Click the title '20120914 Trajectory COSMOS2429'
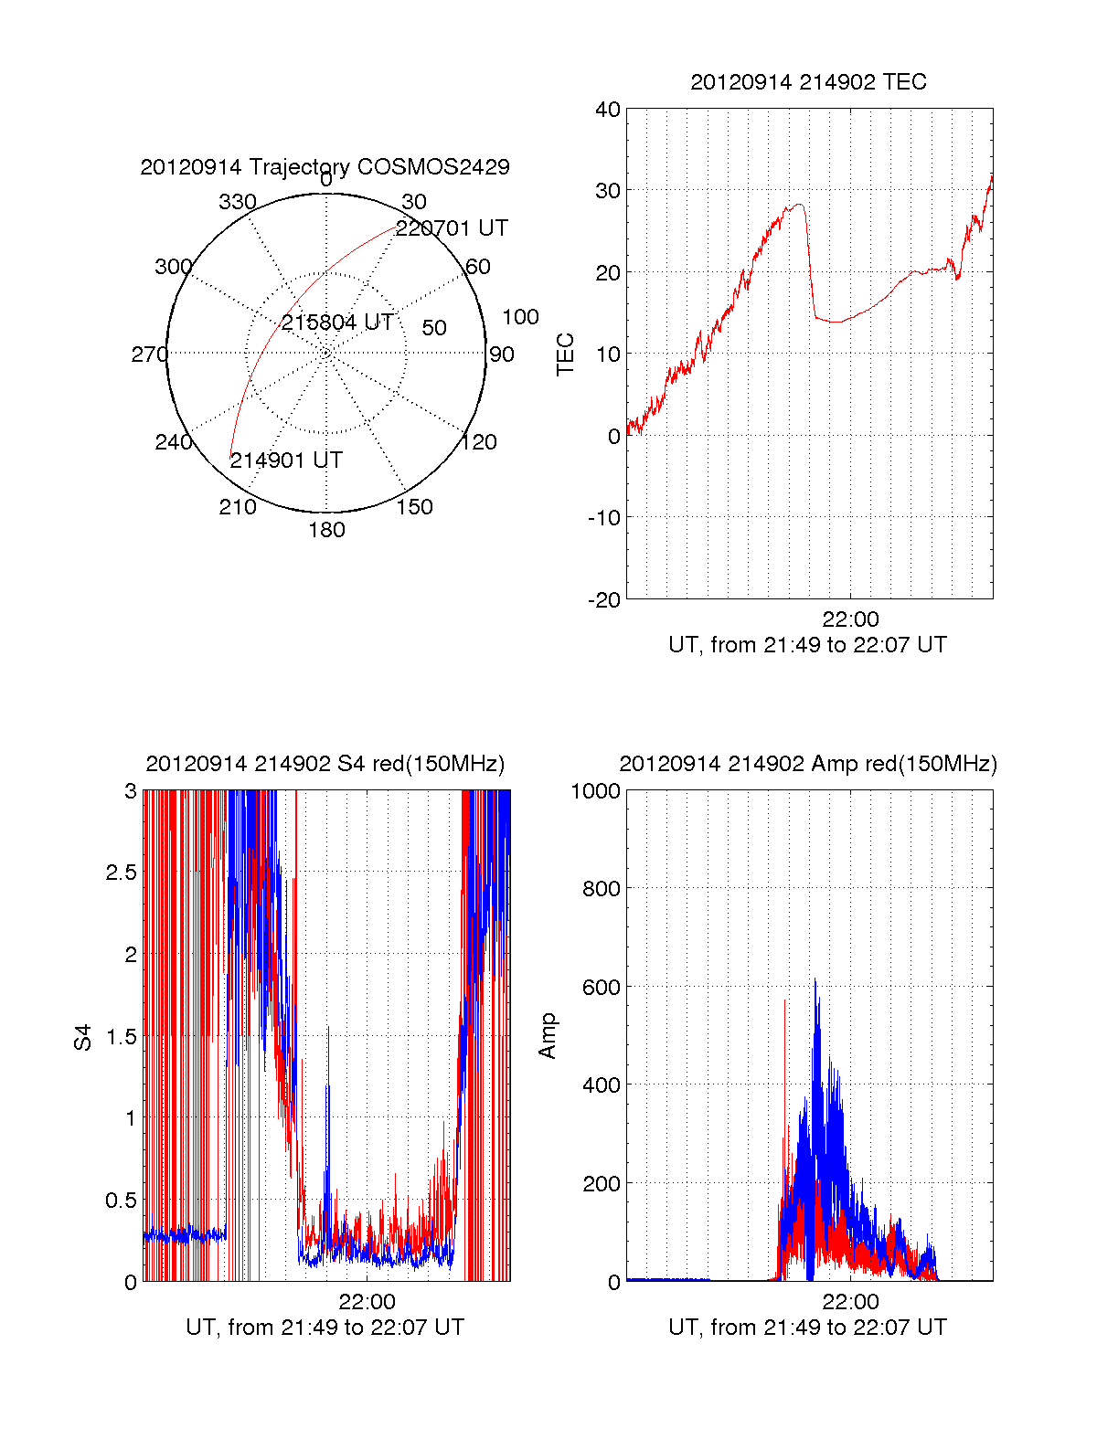(325, 167)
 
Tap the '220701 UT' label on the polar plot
(452, 228)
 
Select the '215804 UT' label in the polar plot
(337, 323)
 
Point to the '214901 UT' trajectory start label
(286, 460)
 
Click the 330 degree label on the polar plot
(238, 202)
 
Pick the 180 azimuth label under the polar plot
(326, 530)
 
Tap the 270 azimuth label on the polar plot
(149, 354)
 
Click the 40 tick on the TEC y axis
(608, 110)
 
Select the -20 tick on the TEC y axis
(604, 599)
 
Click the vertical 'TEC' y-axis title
(566, 354)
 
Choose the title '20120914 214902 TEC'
(808, 82)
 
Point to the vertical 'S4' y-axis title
(83, 1037)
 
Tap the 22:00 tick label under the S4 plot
(367, 1301)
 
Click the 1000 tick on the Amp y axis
(596, 791)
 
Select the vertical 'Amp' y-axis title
(548, 1036)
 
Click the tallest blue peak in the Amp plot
(815, 980)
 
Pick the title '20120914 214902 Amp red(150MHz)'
(808, 764)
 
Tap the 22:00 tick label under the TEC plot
(850, 619)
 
